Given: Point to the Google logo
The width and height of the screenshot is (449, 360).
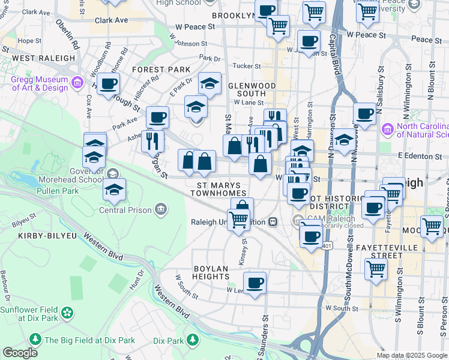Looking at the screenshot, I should click(x=20, y=353).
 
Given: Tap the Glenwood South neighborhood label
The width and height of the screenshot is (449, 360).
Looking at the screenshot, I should click(x=250, y=89).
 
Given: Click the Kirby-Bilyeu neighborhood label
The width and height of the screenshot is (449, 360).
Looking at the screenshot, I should click(x=38, y=236).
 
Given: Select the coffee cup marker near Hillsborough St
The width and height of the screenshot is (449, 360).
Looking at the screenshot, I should click(x=109, y=84).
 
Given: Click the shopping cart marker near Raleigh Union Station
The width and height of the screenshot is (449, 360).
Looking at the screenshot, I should click(x=238, y=220).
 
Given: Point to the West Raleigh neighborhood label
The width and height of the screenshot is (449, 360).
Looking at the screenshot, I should click(x=43, y=58).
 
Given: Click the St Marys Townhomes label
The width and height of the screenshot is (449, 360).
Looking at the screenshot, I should click(x=218, y=189).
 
